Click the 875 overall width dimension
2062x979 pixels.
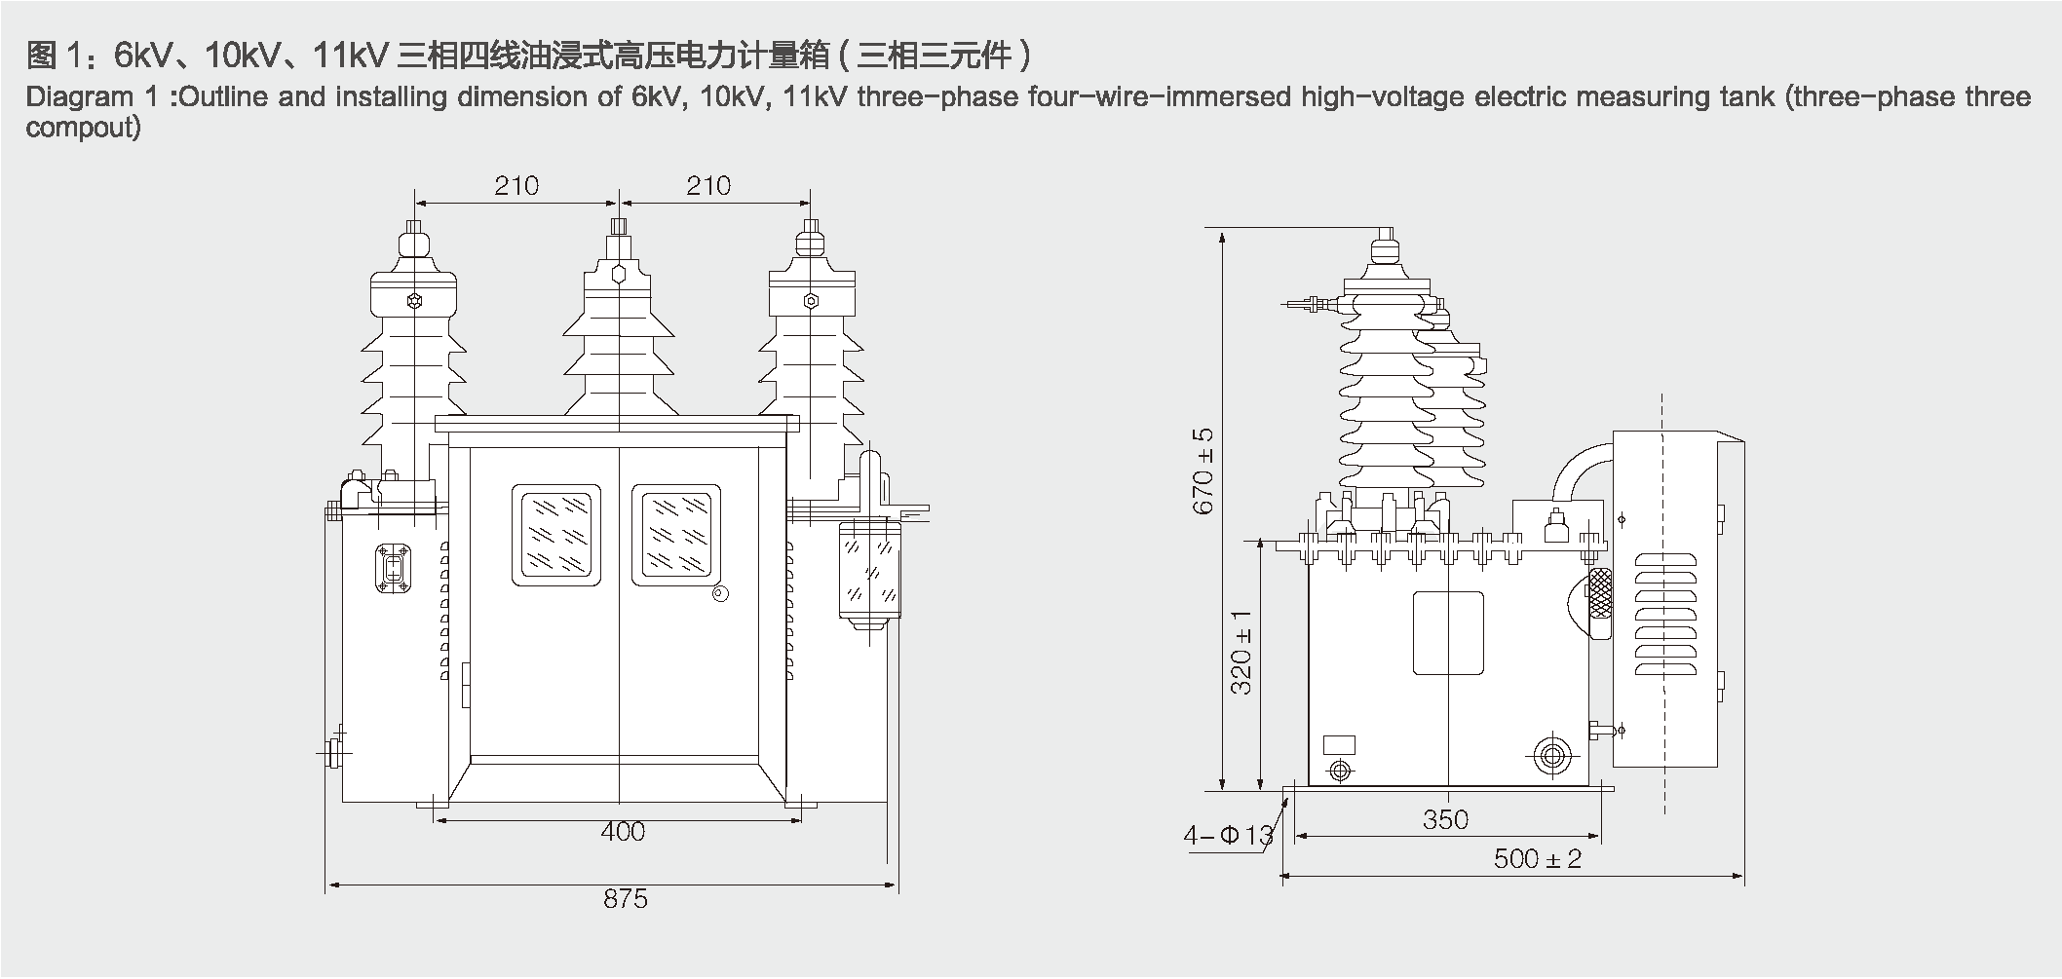tap(625, 898)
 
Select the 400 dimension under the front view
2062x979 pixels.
tap(623, 831)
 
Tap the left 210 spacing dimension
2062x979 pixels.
tap(515, 185)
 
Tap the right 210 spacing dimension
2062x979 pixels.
tap(708, 185)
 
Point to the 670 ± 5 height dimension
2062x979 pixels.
tap(1203, 471)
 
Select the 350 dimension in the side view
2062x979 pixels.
tap(1444, 819)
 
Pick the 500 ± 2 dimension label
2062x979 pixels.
tap(1537, 858)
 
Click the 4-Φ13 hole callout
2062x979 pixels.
tap(1228, 835)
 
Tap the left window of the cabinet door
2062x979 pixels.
tap(555, 535)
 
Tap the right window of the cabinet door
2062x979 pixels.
tap(676, 535)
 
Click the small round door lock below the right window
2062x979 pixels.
tap(720, 594)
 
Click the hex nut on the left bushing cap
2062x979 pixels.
tap(415, 300)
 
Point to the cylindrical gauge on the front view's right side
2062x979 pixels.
tap(869, 570)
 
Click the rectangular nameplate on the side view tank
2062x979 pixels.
tap(1448, 633)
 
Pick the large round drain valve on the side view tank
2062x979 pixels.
tap(1553, 755)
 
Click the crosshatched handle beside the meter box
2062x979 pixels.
tap(1599, 592)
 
